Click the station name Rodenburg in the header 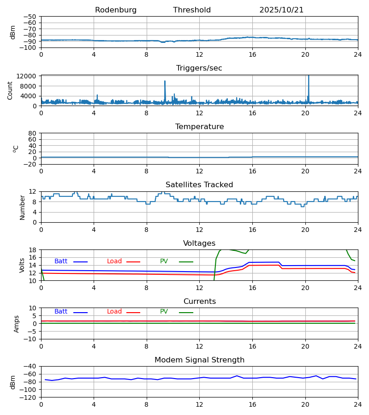point(116,10)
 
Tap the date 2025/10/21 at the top point(281,10)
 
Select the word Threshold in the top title point(192,10)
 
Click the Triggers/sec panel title point(199,68)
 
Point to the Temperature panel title point(199,127)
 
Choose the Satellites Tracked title point(199,185)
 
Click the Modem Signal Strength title point(199,360)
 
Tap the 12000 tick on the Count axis point(28,76)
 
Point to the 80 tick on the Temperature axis point(33,133)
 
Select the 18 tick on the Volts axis point(33,250)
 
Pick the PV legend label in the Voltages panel point(164,261)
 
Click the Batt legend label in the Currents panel point(61,312)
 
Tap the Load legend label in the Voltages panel point(114,261)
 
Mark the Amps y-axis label point(17,324)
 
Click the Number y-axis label point(22,207)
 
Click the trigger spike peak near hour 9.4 point(165,82)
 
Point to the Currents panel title point(199,302)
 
